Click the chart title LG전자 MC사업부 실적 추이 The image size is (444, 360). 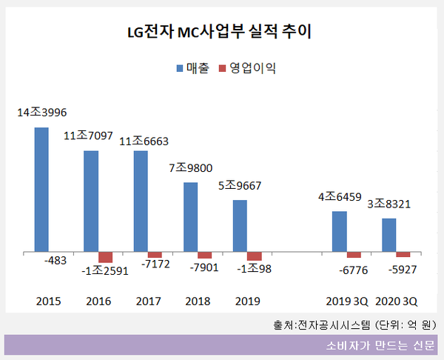(x=222, y=33)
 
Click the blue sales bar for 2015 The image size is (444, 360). (x=41, y=190)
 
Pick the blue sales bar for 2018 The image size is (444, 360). (x=190, y=217)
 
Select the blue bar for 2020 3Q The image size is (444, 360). (x=388, y=235)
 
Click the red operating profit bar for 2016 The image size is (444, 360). (x=105, y=257)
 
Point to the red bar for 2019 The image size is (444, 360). (x=254, y=256)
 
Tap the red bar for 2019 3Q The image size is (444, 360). (x=354, y=255)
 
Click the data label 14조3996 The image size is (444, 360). (x=43, y=113)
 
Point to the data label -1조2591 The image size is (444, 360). (x=105, y=270)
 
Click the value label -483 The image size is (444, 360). (x=56, y=261)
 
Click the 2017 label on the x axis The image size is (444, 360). (x=149, y=301)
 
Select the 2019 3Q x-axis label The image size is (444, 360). (x=346, y=301)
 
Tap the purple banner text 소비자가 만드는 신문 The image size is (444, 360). (x=380, y=346)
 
